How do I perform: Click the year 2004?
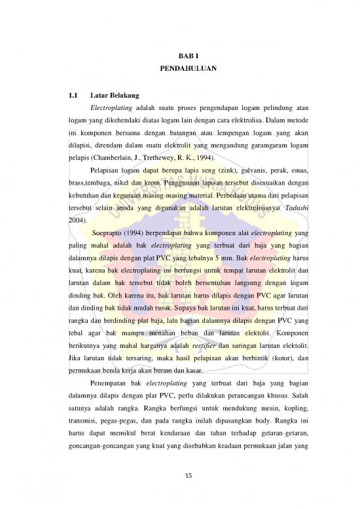point(77,221)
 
